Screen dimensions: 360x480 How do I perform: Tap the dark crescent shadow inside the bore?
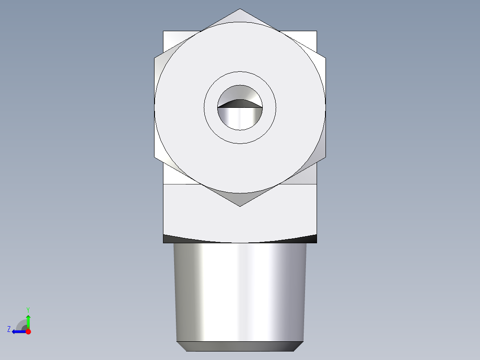(x=240, y=104)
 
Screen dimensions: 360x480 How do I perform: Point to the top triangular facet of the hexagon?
(x=240, y=16)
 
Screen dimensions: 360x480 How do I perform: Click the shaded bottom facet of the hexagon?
(x=240, y=198)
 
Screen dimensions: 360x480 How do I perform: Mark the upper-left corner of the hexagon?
(x=155, y=57)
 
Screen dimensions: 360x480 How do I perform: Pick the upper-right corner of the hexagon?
(x=325, y=57)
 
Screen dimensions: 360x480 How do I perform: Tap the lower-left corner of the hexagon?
(x=155, y=157)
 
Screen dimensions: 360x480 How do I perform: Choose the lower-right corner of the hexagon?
(x=325, y=157)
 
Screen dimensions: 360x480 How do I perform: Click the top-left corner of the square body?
(x=164, y=31)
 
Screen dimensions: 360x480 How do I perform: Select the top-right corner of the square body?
(x=317, y=31)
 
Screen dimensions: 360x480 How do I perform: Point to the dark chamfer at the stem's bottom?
(x=240, y=346)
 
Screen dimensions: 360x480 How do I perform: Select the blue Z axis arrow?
(x=18, y=331)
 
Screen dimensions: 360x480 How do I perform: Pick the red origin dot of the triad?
(x=28, y=331)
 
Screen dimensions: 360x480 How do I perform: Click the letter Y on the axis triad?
(x=28, y=309)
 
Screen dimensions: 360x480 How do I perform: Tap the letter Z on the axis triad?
(x=9, y=329)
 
